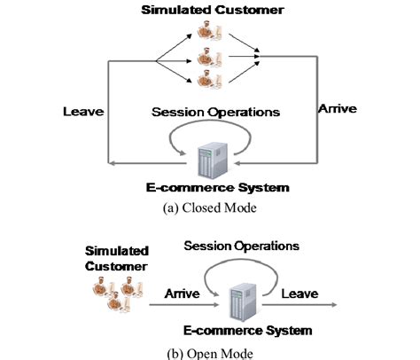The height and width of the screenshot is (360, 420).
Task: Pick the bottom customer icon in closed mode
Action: click(x=207, y=85)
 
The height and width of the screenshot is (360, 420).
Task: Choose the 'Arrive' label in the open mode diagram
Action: click(x=183, y=289)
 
